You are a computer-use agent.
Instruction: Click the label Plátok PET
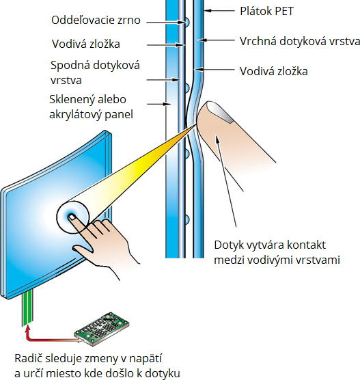[x=266, y=11]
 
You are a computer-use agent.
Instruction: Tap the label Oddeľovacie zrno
[x=96, y=20]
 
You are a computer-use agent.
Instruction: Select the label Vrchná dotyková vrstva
[x=300, y=41]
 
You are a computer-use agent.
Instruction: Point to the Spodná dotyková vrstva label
[x=95, y=72]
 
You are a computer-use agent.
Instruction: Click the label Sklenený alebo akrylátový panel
[x=91, y=107]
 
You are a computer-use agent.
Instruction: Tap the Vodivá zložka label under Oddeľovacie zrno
[x=86, y=44]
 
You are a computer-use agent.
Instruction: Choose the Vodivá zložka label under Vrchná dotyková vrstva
[x=274, y=71]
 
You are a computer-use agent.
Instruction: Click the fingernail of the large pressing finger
[x=220, y=111]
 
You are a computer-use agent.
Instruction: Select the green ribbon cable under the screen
[x=27, y=308]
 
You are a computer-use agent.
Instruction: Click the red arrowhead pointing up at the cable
[x=29, y=329]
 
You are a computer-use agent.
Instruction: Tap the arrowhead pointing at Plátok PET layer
[x=207, y=11]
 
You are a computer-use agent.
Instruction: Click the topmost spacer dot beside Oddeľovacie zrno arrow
[x=187, y=23]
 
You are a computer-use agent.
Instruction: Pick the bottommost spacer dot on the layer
[x=187, y=219]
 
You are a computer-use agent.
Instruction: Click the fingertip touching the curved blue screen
[x=72, y=217]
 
